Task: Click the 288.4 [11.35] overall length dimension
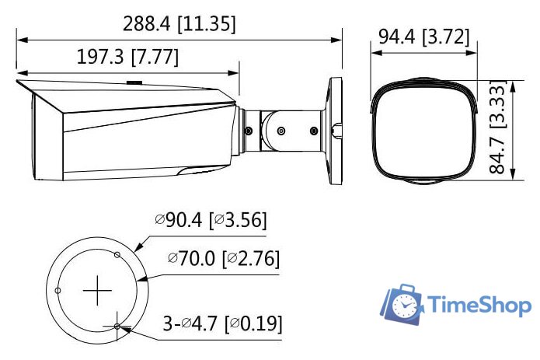(179, 23)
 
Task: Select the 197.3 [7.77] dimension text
(128, 58)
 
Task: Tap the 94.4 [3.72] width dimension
(423, 36)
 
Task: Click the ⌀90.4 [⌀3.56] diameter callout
(211, 221)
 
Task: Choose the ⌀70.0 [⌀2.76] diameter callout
(224, 257)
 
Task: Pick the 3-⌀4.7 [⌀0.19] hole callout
(222, 323)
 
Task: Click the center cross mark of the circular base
(97, 291)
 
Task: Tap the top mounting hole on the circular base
(117, 254)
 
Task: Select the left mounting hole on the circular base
(57, 291)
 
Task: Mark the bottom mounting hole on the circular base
(117, 327)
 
